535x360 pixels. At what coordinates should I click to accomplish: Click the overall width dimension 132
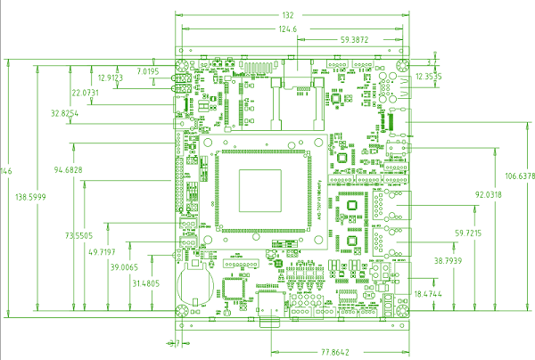coord(287,15)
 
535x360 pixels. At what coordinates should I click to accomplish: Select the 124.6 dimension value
coord(287,29)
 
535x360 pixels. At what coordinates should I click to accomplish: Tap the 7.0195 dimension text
coord(148,70)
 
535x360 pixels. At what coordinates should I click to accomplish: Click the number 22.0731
coord(86,93)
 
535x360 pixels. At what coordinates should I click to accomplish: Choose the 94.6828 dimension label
coord(69,169)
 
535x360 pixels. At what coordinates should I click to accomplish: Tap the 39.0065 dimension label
coord(125,267)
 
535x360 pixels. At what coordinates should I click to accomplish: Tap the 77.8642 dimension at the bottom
coord(335,352)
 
